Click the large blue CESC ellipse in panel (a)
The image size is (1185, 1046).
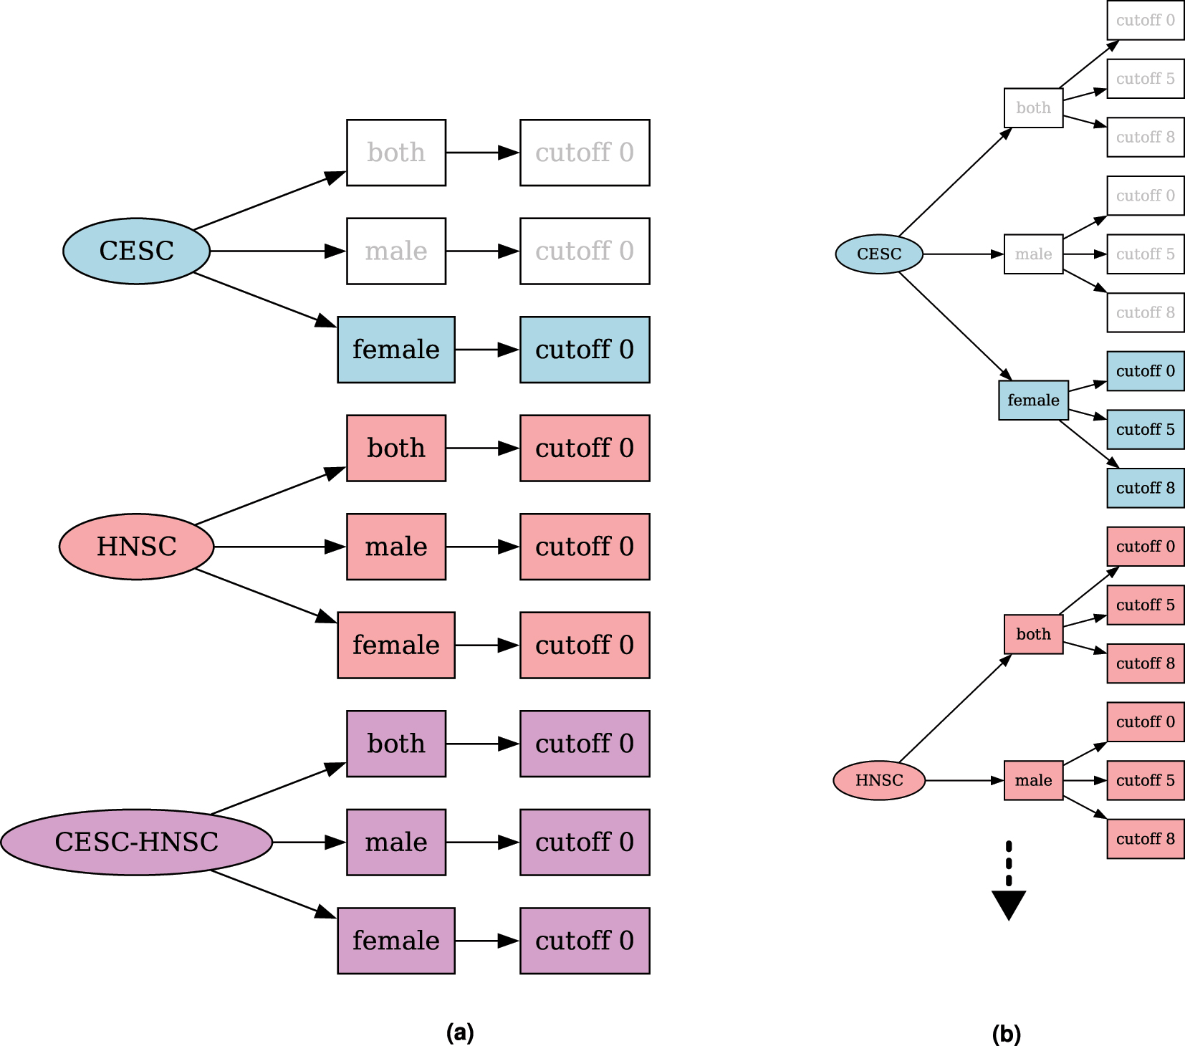(136, 251)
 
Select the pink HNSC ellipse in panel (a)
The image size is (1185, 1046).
(136, 547)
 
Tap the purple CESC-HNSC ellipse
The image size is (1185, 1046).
(136, 842)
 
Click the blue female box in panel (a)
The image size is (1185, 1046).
(395, 350)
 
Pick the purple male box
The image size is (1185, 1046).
(395, 842)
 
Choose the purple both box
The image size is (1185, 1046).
(395, 744)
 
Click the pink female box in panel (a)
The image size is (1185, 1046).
(395, 645)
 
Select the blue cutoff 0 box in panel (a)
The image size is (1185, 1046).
(584, 350)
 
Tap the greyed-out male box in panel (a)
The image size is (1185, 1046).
(395, 251)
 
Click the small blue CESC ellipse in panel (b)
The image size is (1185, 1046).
(879, 254)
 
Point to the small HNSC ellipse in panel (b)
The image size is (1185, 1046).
(879, 780)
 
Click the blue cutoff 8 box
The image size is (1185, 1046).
(1145, 488)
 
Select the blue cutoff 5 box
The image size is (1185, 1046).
(1145, 429)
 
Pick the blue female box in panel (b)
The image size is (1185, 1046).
(1033, 400)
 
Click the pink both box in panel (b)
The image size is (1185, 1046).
(1033, 634)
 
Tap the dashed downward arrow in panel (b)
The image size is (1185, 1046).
(1009, 881)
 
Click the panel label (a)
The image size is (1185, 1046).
(460, 1032)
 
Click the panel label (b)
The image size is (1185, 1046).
(1006, 1034)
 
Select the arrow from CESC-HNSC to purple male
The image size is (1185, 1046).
(308, 842)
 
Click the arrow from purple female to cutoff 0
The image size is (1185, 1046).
(487, 941)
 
